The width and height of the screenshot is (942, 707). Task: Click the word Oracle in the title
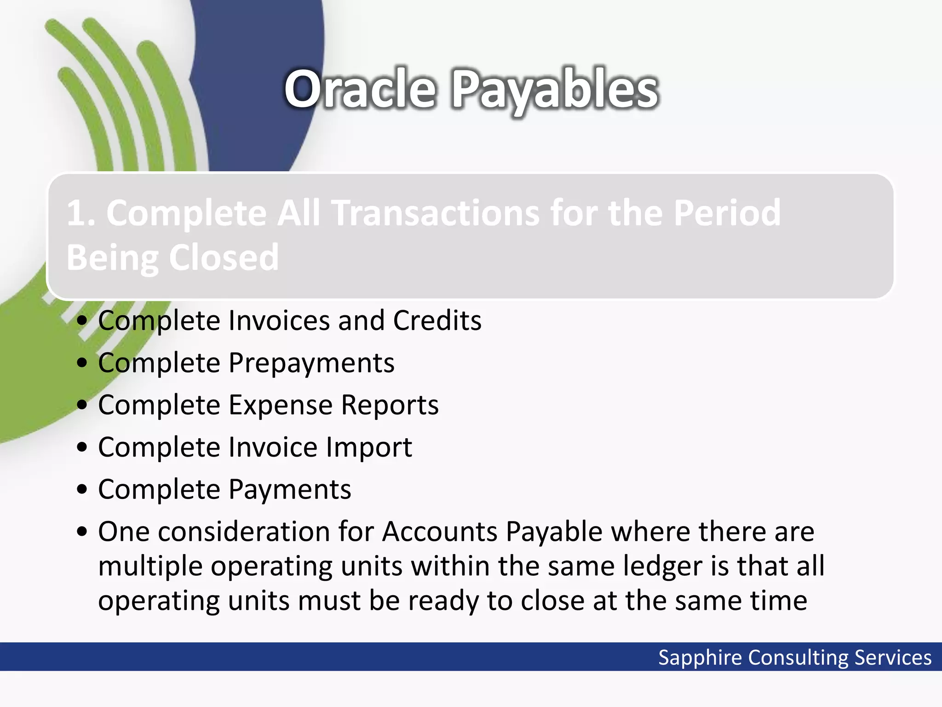[360, 89]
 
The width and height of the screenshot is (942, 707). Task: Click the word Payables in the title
[555, 90]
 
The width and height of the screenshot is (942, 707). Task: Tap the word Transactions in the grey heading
[436, 213]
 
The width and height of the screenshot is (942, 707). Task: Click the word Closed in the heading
[224, 258]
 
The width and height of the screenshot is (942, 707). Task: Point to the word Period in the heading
[727, 213]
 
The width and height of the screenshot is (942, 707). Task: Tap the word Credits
[437, 320]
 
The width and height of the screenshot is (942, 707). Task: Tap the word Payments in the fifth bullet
[290, 489]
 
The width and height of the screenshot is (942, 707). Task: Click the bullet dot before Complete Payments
[82, 490]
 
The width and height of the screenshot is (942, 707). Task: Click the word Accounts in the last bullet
[440, 532]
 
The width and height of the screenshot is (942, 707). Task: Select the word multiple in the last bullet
[150, 567]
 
